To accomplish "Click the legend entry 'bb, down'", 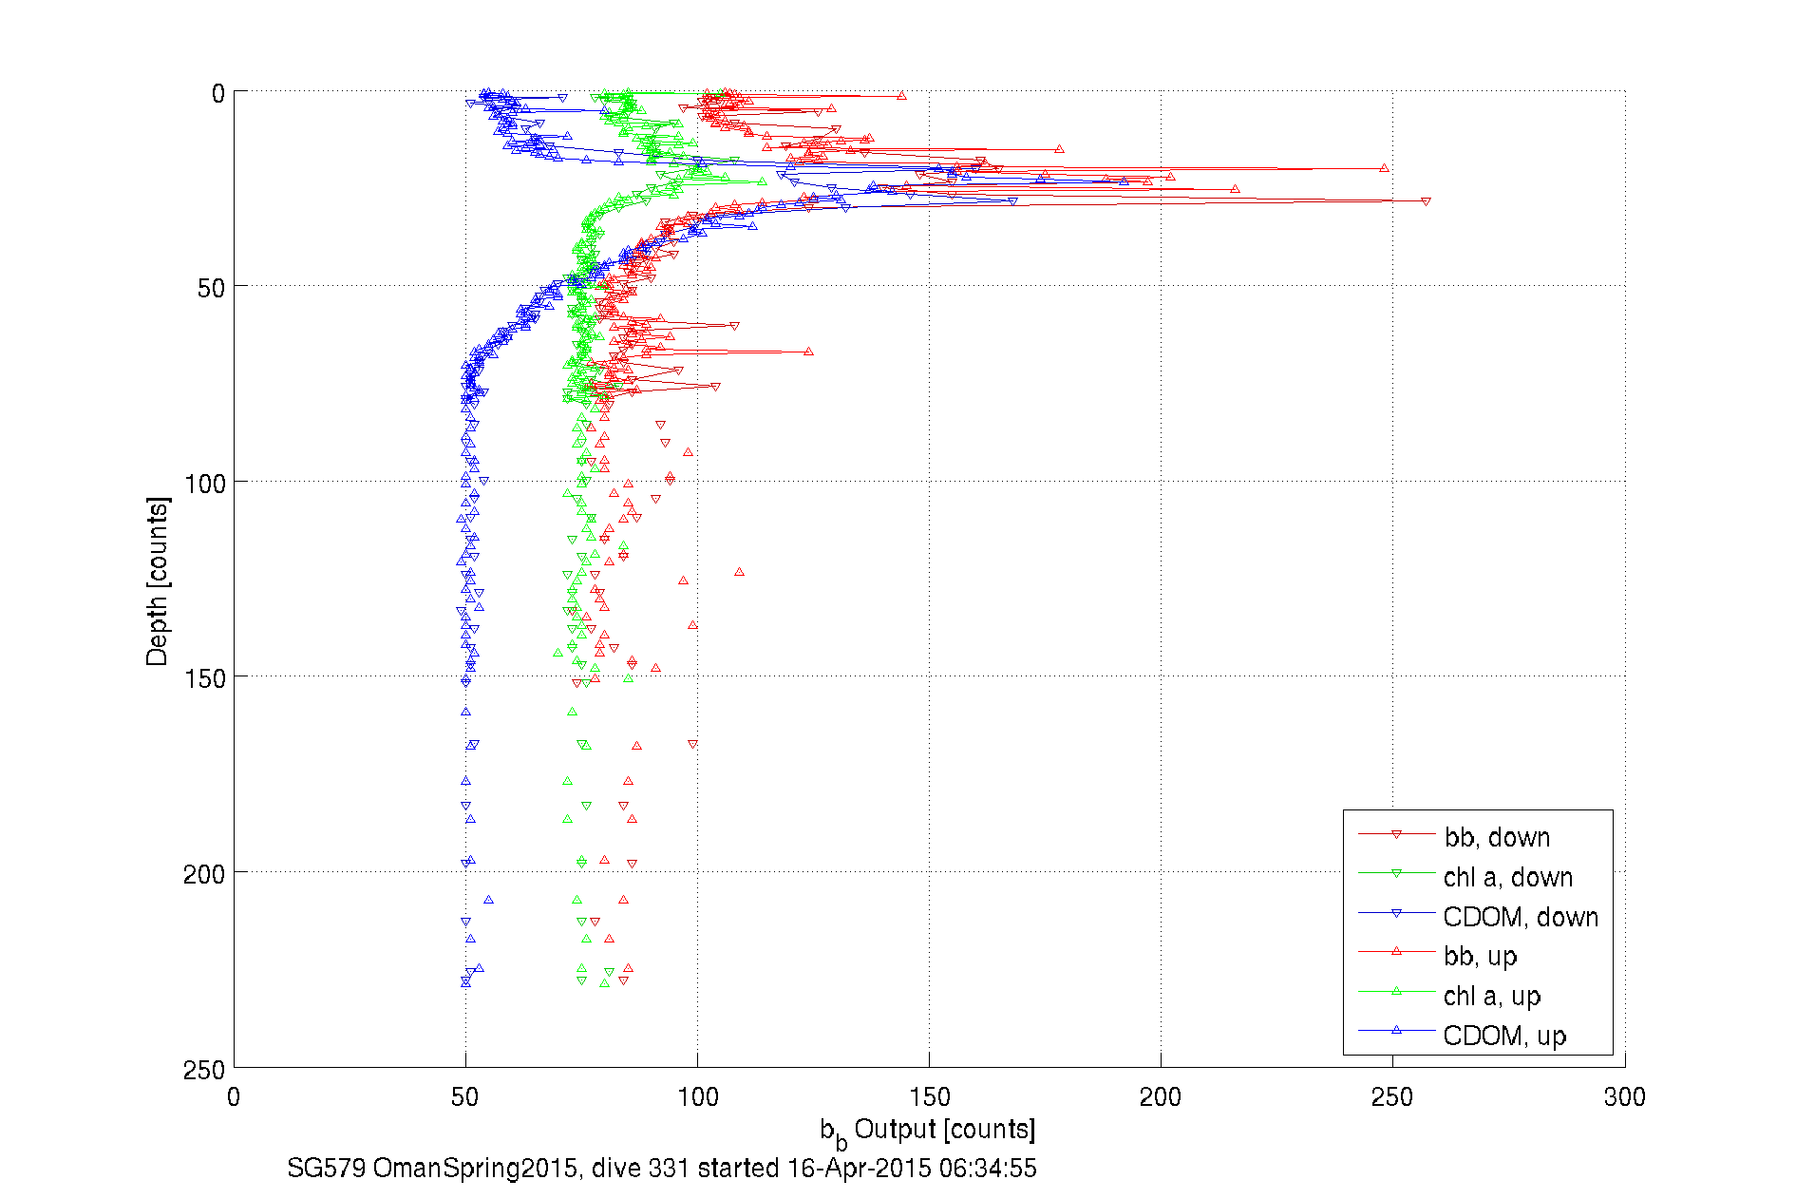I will [x=1497, y=837].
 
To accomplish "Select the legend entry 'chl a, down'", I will [x=1507, y=877].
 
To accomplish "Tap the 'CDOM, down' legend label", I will [x=1520, y=917].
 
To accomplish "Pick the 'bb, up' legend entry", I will [x=1480, y=956].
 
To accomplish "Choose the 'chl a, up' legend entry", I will [x=1491, y=996].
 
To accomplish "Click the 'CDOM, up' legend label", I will [x=1503, y=1036].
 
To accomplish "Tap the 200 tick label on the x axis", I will [x=1161, y=1097].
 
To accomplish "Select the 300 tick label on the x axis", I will [x=1624, y=1097].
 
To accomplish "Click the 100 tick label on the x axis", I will [x=697, y=1097].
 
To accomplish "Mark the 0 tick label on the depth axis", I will [x=218, y=93].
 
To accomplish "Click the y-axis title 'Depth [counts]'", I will [x=158, y=580].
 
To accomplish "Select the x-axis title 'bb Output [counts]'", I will [x=927, y=1131].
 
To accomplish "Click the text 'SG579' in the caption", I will [x=326, y=1168].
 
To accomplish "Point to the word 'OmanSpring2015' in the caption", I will [x=475, y=1168].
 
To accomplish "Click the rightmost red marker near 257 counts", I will [x=1426, y=201].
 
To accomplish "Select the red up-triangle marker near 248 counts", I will [x=1384, y=168].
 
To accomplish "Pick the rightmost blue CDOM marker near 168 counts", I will [x=1012, y=201].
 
